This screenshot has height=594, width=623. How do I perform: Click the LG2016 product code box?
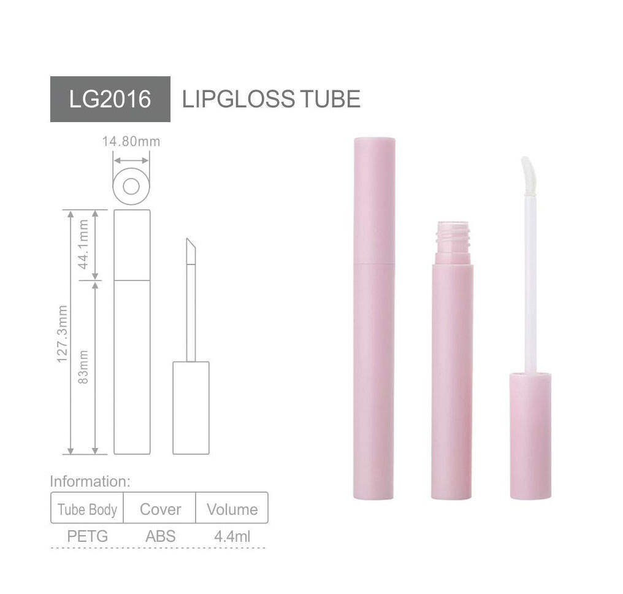pyautogui.click(x=110, y=99)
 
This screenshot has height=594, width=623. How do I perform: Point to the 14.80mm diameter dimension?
pyautogui.click(x=131, y=142)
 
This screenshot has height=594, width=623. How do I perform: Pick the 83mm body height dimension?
pyautogui.click(x=84, y=367)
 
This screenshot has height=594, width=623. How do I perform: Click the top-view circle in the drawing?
pyautogui.click(x=131, y=186)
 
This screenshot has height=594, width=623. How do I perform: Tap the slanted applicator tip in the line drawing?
pyautogui.click(x=191, y=251)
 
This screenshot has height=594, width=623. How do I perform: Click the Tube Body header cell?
pyautogui.click(x=87, y=509)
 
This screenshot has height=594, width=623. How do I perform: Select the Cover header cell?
pyautogui.click(x=160, y=509)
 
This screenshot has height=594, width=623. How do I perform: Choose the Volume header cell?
pyautogui.click(x=232, y=509)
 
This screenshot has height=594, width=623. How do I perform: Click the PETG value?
pyautogui.click(x=87, y=536)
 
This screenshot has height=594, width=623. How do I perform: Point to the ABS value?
pyautogui.click(x=160, y=536)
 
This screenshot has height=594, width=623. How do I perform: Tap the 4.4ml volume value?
pyautogui.click(x=232, y=536)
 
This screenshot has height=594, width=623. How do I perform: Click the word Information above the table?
pyautogui.click(x=90, y=481)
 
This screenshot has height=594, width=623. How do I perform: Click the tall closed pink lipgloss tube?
pyautogui.click(x=374, y=319)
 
